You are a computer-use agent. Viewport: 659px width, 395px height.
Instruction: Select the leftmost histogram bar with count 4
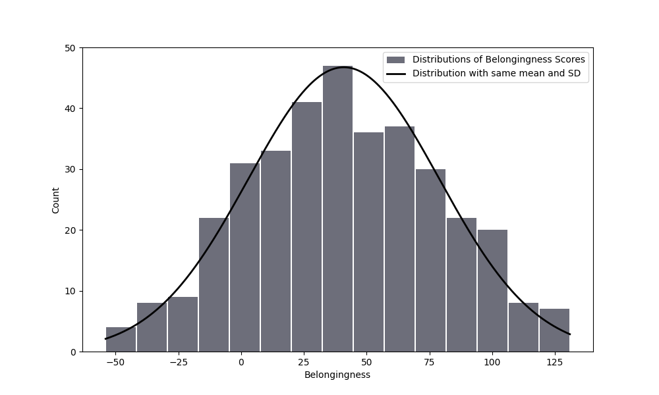[121, 340]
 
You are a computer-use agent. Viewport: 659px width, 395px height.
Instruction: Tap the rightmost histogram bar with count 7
[554, 330]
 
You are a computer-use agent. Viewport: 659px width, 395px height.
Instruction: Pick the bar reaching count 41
[306, 227]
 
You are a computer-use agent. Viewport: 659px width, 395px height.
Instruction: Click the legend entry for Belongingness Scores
[498, 59]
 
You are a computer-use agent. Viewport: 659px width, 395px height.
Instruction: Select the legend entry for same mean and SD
[496, 73]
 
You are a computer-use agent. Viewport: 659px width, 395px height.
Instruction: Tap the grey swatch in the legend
[395, 59]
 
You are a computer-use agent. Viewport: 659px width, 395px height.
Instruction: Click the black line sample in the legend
[395, 73]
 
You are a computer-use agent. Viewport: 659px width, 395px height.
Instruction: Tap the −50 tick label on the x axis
[115, 362]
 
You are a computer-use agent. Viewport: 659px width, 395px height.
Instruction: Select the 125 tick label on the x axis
[555, 362]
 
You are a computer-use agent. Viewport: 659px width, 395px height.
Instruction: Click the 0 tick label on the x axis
[241, 362]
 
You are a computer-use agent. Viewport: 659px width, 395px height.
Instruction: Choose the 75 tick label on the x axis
[430, 362]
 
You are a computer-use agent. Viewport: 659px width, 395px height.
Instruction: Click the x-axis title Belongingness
[337, 375]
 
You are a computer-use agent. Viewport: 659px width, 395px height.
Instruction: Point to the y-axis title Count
[55, 200]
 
